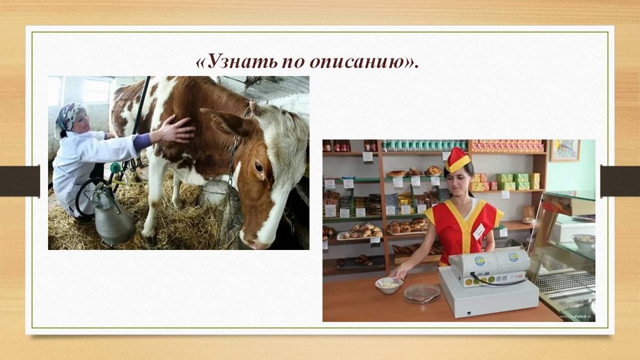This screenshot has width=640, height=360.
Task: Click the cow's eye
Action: [x=258, y=166]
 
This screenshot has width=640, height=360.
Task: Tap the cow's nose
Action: [x=253, y=243]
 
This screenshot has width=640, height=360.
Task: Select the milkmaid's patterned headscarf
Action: [x=69, y=117]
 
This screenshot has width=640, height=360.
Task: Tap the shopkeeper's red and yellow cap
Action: [x=457, y=159]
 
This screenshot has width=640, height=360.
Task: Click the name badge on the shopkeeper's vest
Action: [x=478, y=231]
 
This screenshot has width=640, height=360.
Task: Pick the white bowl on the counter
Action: [x=389, y=285]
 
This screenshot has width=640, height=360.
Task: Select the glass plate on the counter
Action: [x=422, y=292]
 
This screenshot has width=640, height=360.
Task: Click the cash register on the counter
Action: [x=488, y=282]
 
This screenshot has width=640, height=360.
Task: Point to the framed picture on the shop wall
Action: [x=565, y=150]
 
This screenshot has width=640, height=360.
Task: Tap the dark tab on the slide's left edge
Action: [x=20, y=181]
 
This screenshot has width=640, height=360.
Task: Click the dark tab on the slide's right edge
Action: [x=620, y=181]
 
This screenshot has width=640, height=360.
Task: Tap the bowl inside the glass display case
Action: [x=583, y=241]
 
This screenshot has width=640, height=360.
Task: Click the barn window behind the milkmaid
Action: [x=97, y=91]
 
